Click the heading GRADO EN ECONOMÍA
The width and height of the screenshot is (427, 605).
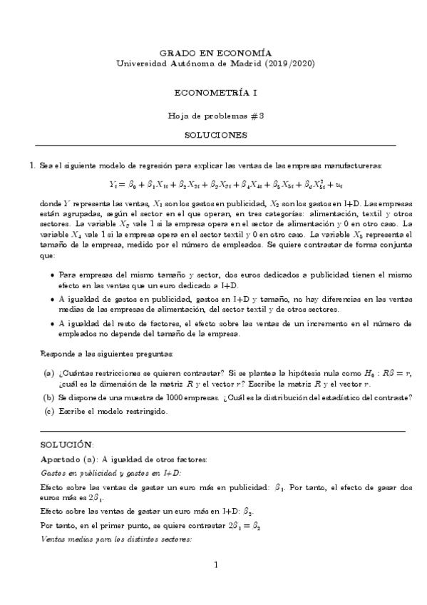(215, 53)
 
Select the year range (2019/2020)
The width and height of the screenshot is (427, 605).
(287, 63)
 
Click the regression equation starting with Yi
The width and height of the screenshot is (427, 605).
(215, 184)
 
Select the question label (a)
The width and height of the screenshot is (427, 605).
(48, 373)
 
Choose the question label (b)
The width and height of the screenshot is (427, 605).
(48, 397)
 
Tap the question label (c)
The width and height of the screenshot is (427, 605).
(48, 410)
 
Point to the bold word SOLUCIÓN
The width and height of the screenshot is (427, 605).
(67, 444)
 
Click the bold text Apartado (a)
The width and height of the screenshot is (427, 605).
(69, 459)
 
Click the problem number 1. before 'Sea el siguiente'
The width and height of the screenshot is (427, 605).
(31, 166)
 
